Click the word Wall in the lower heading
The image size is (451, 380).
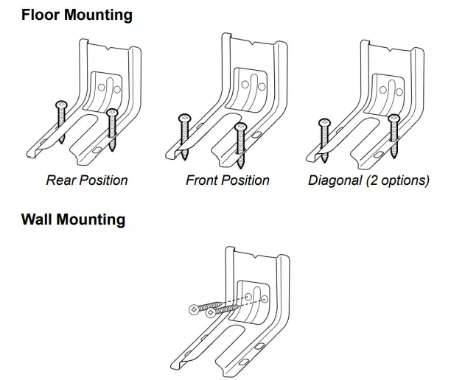38,220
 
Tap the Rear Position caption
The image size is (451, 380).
86,180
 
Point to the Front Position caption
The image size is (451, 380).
227,180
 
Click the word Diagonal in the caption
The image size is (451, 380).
335,180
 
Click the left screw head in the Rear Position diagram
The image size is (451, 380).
61,104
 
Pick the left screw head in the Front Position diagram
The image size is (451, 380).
183,117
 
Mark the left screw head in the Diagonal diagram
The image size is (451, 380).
323,122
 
